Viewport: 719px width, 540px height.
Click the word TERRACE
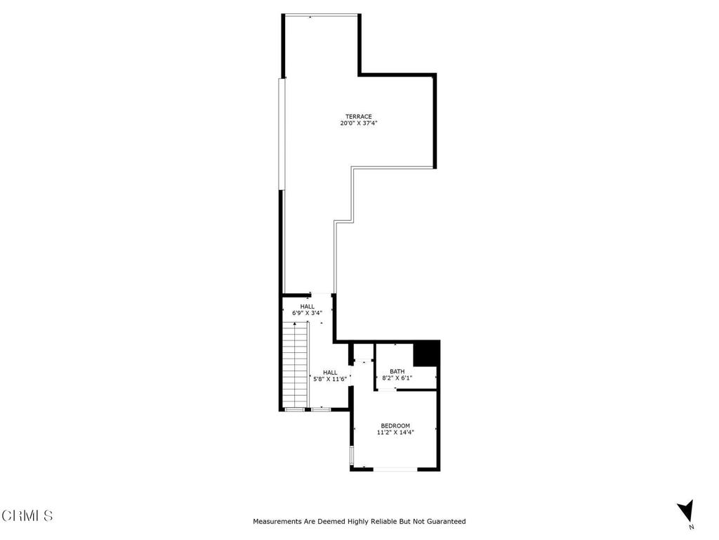point(358,117)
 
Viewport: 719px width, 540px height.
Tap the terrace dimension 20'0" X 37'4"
point(358,124)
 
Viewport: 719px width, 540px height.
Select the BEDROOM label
point(395,425)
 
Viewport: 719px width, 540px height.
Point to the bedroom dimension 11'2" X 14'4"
point(395,432)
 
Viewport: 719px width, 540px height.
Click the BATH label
point(397,371)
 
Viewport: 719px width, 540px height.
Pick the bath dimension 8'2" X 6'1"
point(397,378)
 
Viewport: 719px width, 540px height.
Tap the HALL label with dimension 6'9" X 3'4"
point(308,307)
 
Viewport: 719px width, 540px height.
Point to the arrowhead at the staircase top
point(296,323)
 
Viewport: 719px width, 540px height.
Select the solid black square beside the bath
point(426,353)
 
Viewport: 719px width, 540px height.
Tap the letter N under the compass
point(692,527)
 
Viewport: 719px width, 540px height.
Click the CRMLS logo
point(27,515)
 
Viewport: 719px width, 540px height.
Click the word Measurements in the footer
point(278,522)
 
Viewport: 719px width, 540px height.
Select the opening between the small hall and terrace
point(320,295)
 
